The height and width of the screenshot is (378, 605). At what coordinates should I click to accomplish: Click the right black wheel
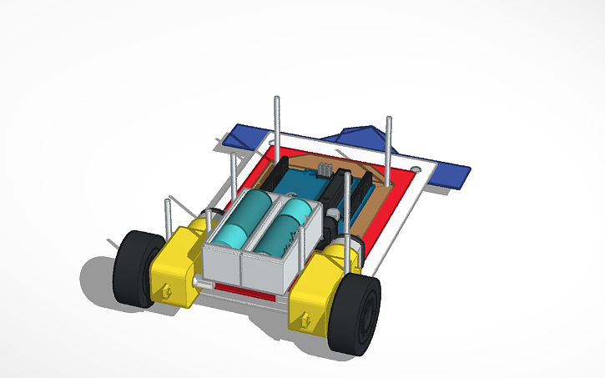354,313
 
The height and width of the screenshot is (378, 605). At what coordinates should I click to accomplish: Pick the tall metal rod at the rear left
276,125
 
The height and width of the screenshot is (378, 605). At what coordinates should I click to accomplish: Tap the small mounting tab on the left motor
167,291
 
